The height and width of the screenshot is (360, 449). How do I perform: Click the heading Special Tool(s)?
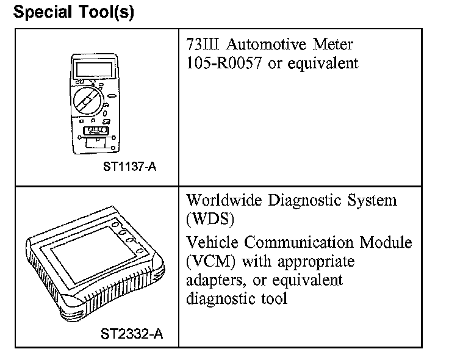click(73, 12)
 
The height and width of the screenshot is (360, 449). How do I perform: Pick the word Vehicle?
click(213, 242)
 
